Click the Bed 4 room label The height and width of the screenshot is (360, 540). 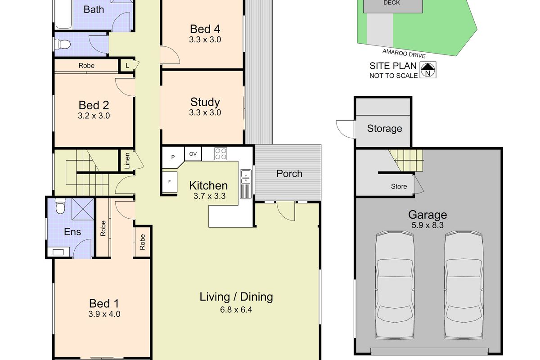[x=205, y=29]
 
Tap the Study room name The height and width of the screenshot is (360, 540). [x=205, y=102]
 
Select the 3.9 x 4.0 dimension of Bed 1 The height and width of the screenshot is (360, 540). [x=104, y=314]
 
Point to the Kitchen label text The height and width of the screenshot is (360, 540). [x=208, y=185]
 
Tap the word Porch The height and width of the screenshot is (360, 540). [x=289, y=174]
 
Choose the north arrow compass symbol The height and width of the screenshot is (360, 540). [x=428, y=70]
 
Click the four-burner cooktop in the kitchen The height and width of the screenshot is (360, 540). [x=220, y=154]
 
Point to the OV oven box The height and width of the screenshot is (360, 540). [x=193, y=154]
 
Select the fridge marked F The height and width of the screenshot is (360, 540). [x=170, y=182]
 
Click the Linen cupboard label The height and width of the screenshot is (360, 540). [x=127, y=161]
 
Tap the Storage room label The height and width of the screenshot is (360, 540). [x=384, y=129]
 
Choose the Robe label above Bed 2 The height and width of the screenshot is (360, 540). [x=86, y=66]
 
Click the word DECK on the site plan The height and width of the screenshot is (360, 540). [x=391, y=3]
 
